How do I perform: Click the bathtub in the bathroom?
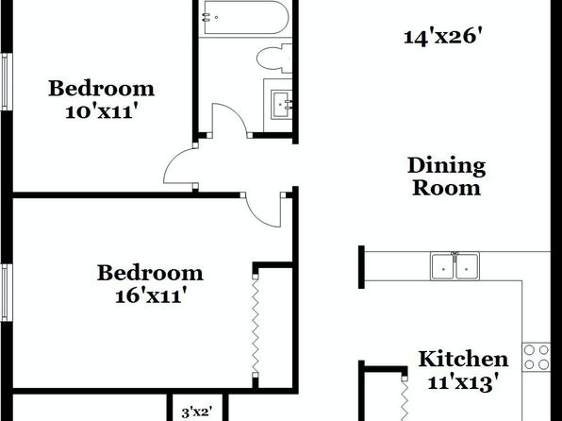click(x=246, y=17)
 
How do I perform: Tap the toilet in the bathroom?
click(x=274, y=59)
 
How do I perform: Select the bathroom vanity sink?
click(x=282, y=105)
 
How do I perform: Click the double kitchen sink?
click(x=455, y=266)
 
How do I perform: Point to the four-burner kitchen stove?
click(x=537, y=357)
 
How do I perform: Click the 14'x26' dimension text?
click(x=443, y=38)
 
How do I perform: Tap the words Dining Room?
click(x=447, y=177)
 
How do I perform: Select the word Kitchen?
click(x=463, y=359)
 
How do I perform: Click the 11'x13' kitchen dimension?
click(x=463, y=382)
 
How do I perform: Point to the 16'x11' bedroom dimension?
click(x=151, y=296)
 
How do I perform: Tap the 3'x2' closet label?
click(x=197, y=412)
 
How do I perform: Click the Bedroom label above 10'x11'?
click(x=102, y=89)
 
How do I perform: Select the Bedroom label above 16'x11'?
click(x=150, y=273)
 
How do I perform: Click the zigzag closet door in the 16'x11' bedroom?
click(x=256, y=326)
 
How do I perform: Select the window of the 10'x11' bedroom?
click(x=7, y=82)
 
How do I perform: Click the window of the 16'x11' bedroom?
click(x=7, y=293)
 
